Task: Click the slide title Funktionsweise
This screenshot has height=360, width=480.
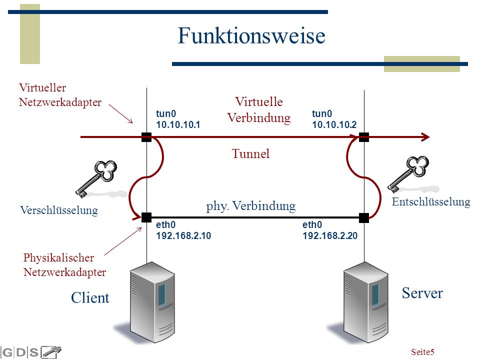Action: (251, 35)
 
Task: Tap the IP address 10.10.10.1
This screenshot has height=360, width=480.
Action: (178, 124)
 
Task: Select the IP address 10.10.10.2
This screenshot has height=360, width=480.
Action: (334, 124)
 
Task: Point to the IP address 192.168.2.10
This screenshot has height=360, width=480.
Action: (183, 235)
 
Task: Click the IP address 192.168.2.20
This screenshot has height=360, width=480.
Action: (330, 235)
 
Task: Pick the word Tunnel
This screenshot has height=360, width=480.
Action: (250, 153)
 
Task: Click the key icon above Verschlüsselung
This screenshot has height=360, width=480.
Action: (96, 179)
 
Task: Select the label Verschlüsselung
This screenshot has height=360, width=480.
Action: (59, 210)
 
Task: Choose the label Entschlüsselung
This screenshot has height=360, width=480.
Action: (431, 202)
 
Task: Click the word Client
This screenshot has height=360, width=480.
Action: (90, 298)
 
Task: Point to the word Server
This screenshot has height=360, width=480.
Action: (422, 293)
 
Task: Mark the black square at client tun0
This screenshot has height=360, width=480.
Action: (146, 137)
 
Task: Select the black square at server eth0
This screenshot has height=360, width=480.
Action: (363, 218)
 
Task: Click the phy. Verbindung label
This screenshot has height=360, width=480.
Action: (251, 206)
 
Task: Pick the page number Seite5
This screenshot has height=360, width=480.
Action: (422, 352)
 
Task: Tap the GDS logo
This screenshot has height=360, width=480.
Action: (30, 352)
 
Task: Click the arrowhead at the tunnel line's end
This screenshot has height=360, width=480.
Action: (425, 137)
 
